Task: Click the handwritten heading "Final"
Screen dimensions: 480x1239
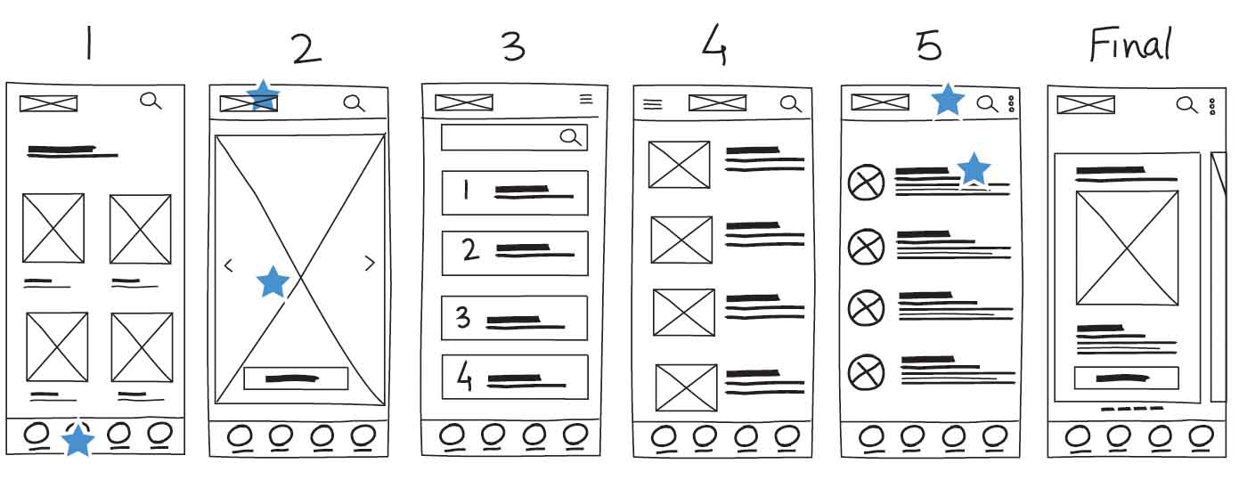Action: click(1129, 45)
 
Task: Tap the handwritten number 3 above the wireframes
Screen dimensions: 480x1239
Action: click(513, 46)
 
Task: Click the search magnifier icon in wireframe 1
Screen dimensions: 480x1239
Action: click(151, 101)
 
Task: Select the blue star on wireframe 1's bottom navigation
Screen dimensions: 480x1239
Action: click(78, 439)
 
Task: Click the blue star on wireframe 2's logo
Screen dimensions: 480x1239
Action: click(262, 95)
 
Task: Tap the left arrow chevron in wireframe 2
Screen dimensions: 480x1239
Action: click(228, 264)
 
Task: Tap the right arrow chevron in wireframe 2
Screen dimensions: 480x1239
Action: click(371, 263)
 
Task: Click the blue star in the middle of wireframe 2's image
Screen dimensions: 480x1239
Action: click(273, 281)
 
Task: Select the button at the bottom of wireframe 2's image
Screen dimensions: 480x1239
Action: click(296, 378)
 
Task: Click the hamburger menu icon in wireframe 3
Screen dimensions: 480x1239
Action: click(586, 100)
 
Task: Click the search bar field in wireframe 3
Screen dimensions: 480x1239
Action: click(513, 137)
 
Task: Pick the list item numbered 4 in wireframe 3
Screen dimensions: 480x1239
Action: click(515, 378)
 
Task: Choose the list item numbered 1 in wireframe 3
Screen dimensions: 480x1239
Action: click(515, 192)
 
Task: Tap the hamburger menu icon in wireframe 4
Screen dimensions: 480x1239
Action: click(653, 104)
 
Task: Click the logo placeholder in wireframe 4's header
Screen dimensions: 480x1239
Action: click(717, 103)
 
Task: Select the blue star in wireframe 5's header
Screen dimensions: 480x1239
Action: click(948, 100)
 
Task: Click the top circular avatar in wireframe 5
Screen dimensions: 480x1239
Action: click(865, 183)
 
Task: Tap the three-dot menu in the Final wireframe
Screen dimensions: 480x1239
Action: click(1212, 107)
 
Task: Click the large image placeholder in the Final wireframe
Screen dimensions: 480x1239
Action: click(1127, 248)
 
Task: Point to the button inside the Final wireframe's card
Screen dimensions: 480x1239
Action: click(1126, 378)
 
